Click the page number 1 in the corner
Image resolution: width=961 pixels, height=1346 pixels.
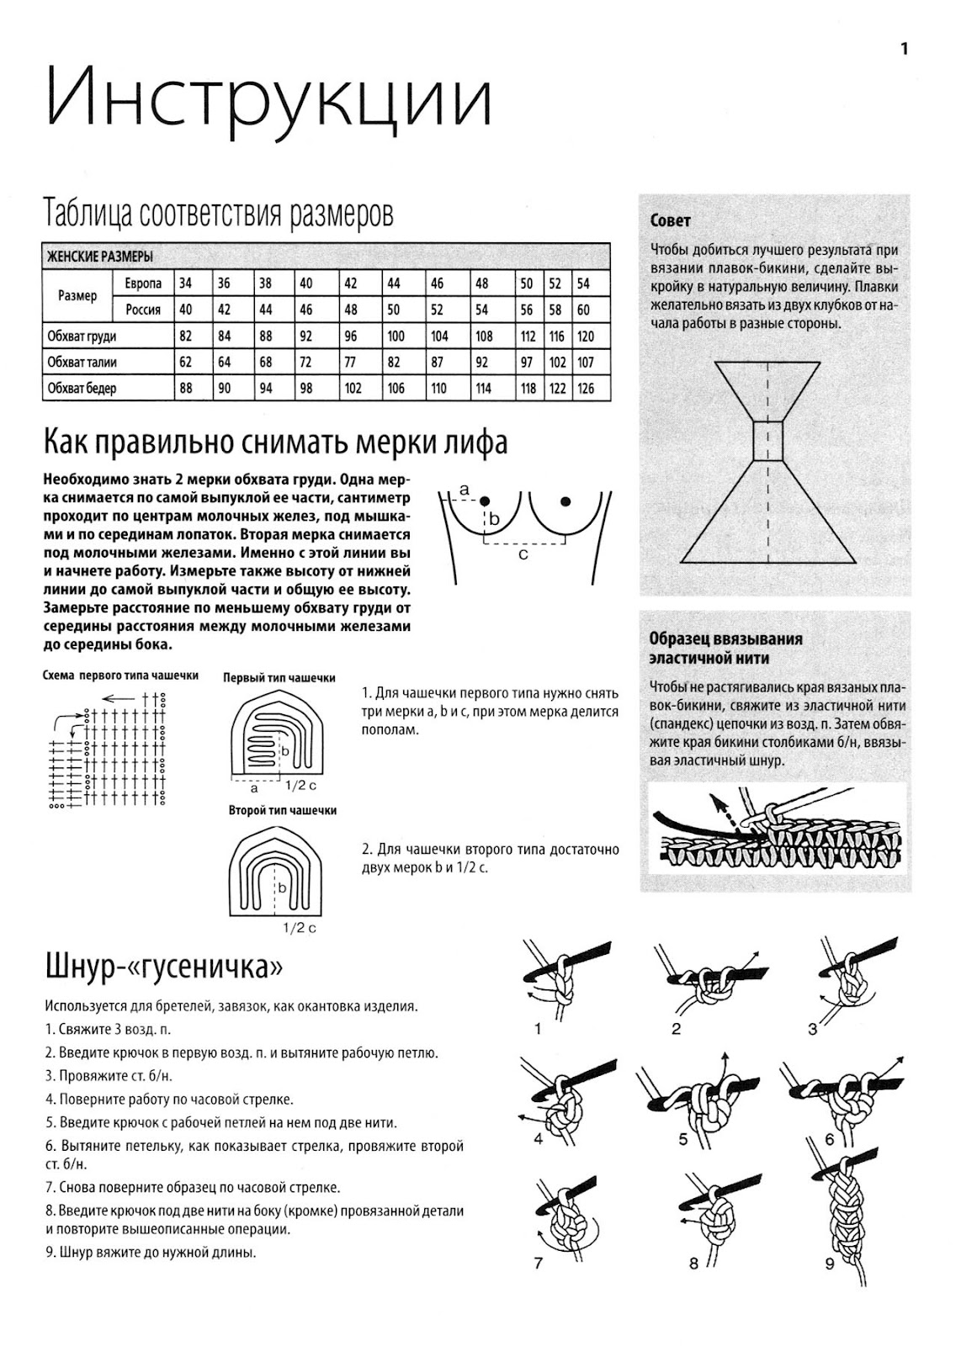(x=905, y=49)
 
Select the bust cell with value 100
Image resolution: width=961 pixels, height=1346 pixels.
(x=396, y=336)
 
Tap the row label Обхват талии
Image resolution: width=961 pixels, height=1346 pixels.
(x=82, y=363)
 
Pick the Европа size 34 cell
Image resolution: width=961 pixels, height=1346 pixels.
(x=185, y=284)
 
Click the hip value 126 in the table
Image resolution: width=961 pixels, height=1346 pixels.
(x=586, y=389)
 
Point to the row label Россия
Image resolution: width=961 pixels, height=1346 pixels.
(x=143, y=310)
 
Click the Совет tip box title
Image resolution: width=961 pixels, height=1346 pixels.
(x=671, y=221)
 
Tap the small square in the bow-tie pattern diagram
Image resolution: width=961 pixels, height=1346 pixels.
(x=767, y=442)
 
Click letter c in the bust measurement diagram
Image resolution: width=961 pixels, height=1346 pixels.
(x=523, y=554)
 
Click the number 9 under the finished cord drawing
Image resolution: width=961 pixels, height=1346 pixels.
(x=829, y=1264)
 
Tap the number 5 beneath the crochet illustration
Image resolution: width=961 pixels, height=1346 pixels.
(x=683, y=1140)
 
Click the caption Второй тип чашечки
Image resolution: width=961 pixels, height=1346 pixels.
(x=282, y=810)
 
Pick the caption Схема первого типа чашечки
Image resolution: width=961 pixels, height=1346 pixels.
(x=120, y=676)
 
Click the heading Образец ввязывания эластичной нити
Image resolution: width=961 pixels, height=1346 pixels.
(x=725, y=648)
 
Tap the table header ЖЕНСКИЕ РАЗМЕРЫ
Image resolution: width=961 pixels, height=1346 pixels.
(x=99, y=257)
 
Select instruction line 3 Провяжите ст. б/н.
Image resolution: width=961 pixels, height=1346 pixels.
(x=109, y=1075)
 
